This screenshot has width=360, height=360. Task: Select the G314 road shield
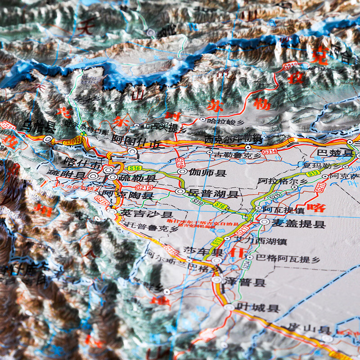(x=270, y=152)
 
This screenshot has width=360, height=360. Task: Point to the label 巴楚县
(x=336, y=153)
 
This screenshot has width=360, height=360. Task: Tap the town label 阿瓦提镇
(x=283, y=210)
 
